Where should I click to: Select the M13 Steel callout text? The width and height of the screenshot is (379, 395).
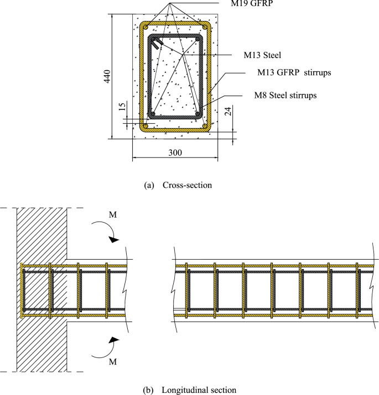point(263,55)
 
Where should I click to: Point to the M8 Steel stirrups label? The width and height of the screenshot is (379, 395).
point(284,96)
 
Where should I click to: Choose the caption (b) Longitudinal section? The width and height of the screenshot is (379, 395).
point(190,390)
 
